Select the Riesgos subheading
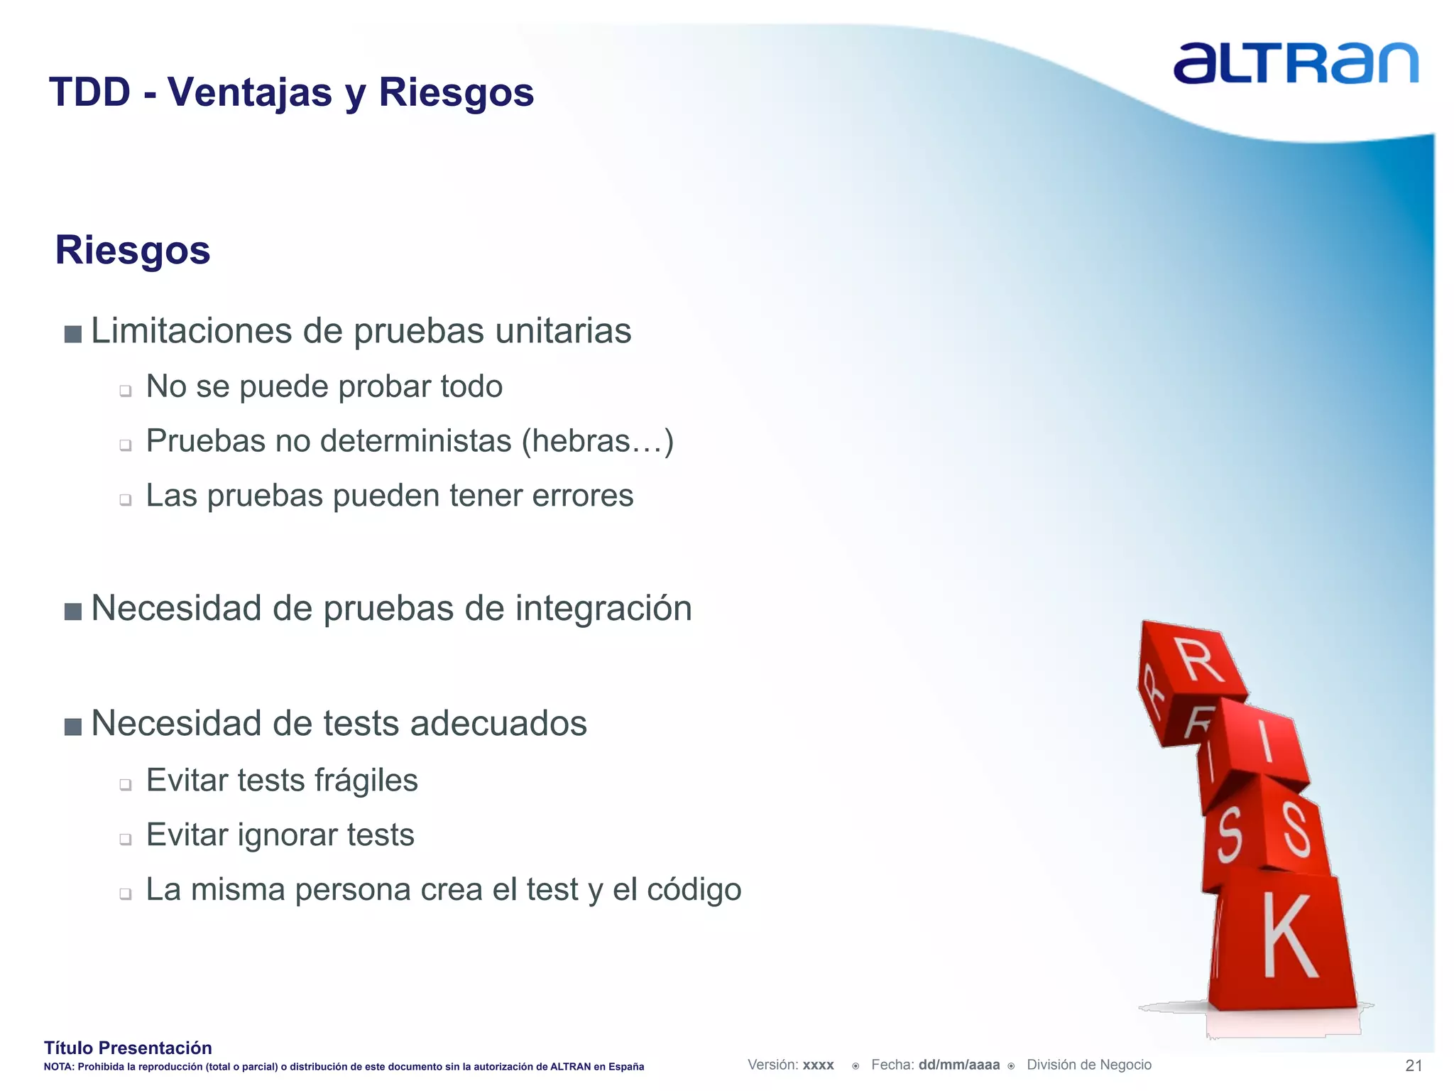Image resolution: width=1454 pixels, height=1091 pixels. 133,250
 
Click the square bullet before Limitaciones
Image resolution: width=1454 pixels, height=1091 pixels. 72,334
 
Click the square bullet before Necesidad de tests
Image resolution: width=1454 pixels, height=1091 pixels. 72,727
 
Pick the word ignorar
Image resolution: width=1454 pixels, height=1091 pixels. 278,835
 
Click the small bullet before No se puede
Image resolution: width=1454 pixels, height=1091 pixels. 126,391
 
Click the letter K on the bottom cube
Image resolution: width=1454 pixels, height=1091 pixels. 1289,938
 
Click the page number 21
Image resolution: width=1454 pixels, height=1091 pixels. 1414,1065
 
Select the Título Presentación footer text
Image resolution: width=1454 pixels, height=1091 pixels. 128,1048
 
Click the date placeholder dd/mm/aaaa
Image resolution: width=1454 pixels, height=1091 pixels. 958,1065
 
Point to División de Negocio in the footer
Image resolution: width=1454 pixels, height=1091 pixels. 1088,1065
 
